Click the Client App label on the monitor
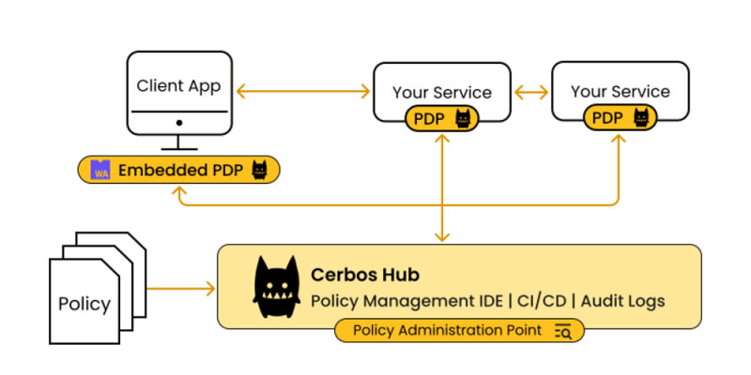[x=178, y=86]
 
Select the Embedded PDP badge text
[x=179, y=170]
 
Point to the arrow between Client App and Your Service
[x=302, y=91]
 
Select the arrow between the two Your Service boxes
[x=530, y=91]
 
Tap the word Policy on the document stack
[x=84, y=304]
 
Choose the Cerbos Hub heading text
[x=365, y=275]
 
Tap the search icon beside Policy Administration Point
[x=563, y=330]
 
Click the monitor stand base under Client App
[x=178, y=148]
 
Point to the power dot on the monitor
[x=178, y=123]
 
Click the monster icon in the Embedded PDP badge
[x=260, y=170]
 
